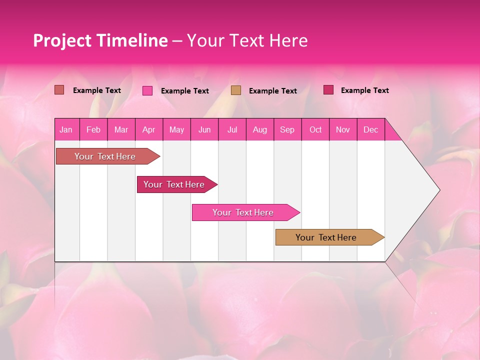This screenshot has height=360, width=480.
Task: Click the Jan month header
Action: [x=66, y=129]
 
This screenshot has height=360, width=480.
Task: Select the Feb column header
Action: [x=93, y=129]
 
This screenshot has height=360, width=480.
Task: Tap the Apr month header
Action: [x=148, y=129]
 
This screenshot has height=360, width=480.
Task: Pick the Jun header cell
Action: [x=204, y=129]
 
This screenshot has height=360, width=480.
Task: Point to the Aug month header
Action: [x=259, y=129]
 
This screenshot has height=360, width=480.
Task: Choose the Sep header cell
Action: [x=287, y=129]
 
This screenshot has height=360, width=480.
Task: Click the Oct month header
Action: [x=315, y=129]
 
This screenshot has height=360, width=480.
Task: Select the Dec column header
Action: [x=370, y=129]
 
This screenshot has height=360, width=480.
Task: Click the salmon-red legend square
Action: [x=59, y=90]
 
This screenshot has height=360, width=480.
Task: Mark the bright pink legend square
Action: [x=147, y=90]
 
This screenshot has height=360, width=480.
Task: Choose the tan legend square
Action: [x=236, y=90]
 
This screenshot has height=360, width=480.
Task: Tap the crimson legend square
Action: [x=328, y=90]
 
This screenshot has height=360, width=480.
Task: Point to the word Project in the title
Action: [x=62, y=40]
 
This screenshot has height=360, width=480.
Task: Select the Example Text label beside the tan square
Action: [x=272, y=91]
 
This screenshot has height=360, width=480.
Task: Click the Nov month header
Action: [x=342, y=129]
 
